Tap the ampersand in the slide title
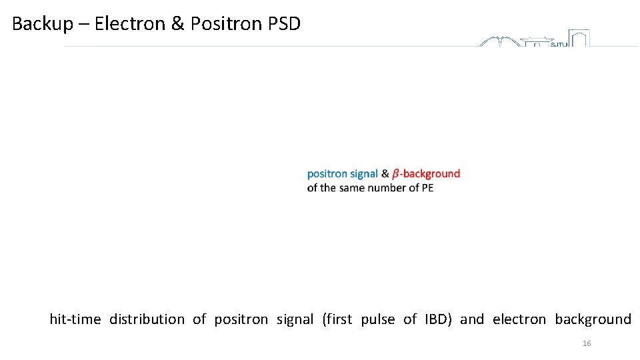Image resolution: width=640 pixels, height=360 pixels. tap(177, 25)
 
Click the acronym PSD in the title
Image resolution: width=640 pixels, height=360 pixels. tap(285, 25)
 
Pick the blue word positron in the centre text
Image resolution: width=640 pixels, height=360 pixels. tap(327, 174)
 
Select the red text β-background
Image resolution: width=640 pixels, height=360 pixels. tap(426, 174)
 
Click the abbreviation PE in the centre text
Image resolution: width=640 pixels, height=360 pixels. tap(427, 188)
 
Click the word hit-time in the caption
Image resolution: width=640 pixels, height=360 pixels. tap(75, 319)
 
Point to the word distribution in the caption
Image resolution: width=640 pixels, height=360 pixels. tap(147, 319)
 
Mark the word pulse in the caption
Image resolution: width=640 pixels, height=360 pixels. tap(377, 320)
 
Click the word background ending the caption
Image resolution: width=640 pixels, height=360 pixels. tap(593, 320)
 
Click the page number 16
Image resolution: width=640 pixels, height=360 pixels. tap(587, 343)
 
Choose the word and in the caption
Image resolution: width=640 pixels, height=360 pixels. tap(472, 319)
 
